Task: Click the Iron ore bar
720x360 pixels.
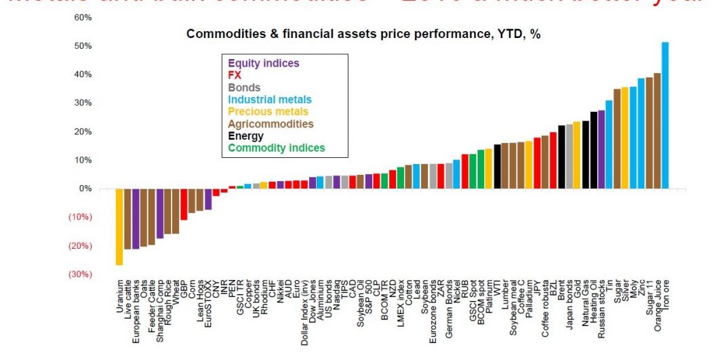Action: pos(665,115)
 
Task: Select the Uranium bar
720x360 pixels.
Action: pos(119,226)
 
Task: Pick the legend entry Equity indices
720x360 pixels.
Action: pos(263,63)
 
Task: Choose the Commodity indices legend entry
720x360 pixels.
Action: pos(276,148)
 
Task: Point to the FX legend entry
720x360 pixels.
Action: pos(235,75)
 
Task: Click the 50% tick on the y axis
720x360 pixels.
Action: pos(83,45)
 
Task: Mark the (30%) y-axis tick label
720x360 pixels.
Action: pos(80,274)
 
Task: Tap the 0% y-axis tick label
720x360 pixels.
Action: pos(85,188)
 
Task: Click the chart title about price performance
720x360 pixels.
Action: pos(363,33)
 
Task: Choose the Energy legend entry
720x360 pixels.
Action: pos(245,136)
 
